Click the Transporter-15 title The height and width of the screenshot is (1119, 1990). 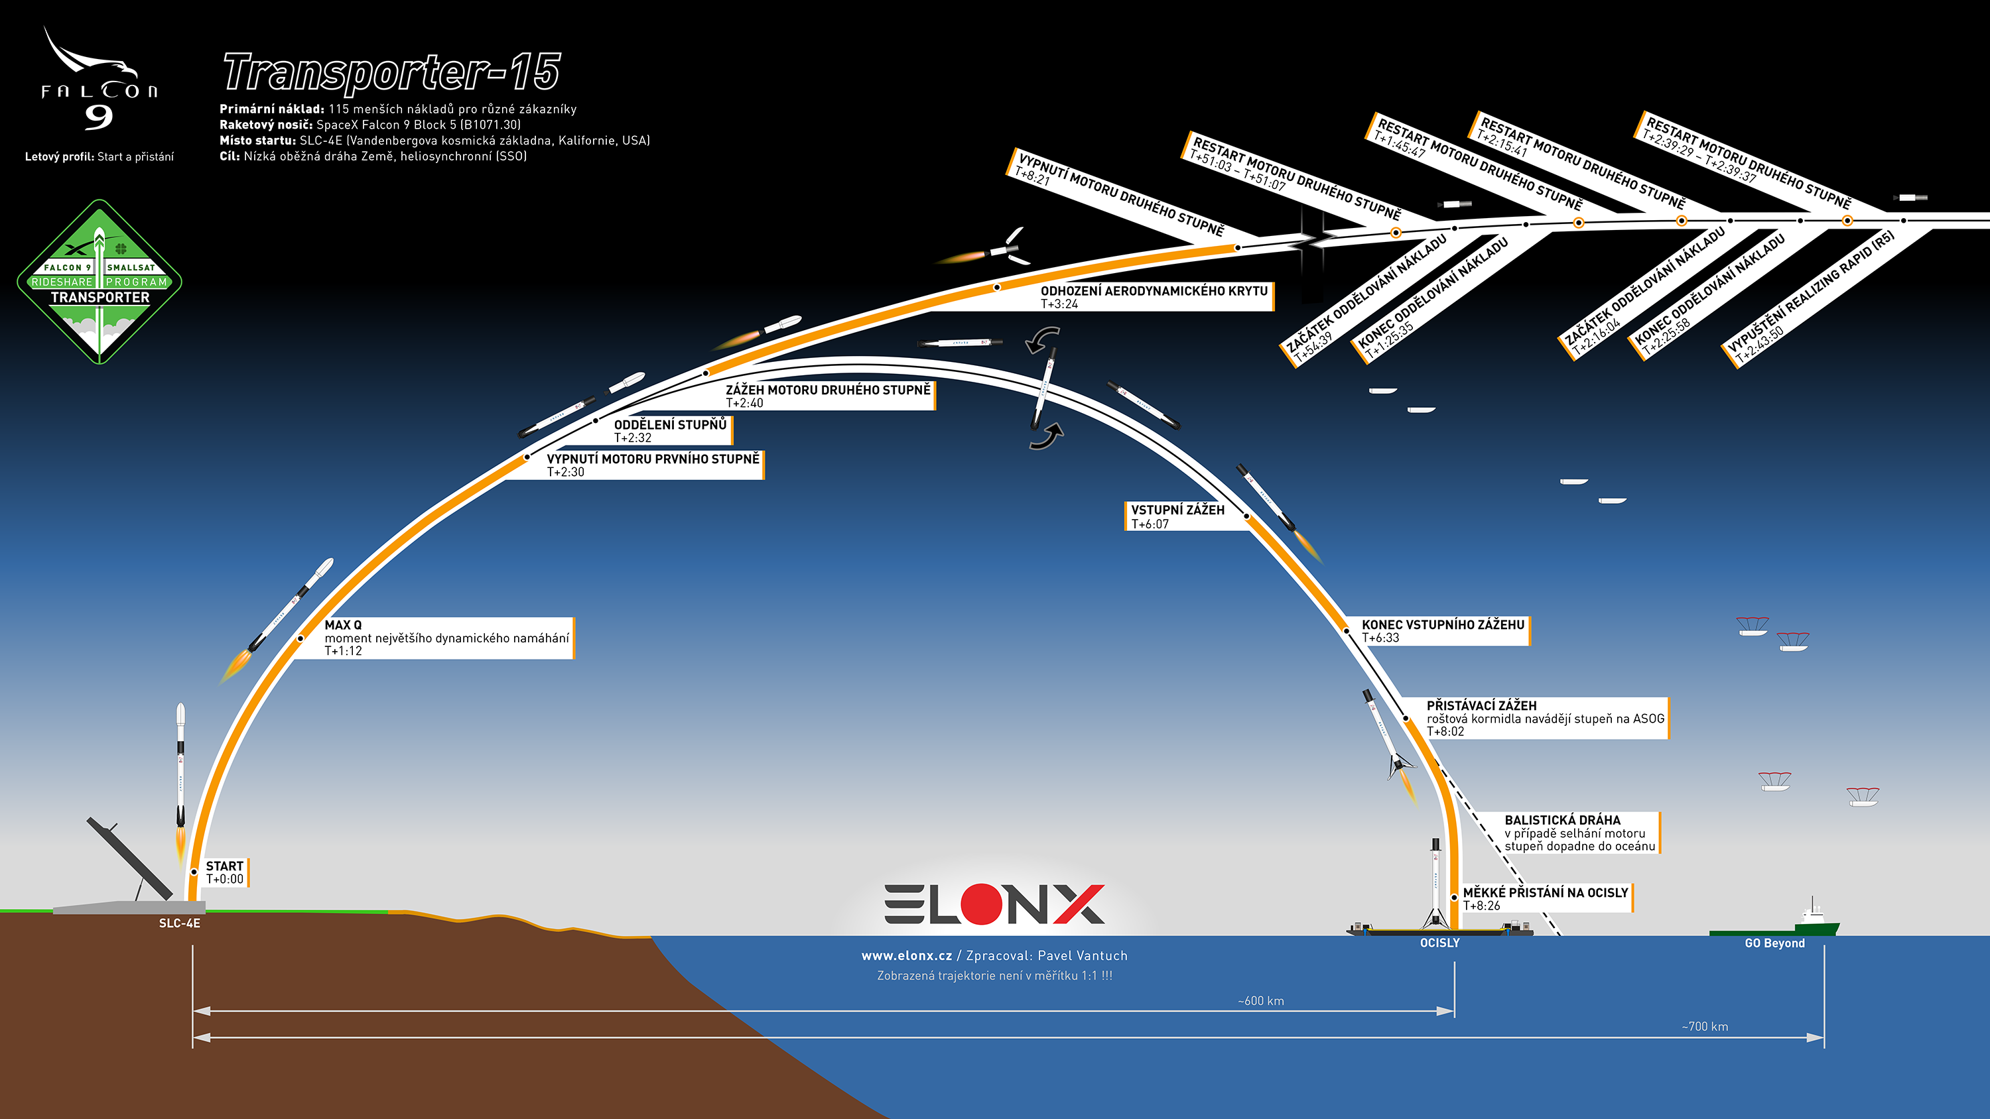[391, 74]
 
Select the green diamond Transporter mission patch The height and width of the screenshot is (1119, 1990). [99, 282]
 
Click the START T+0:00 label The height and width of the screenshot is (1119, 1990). [225, 872]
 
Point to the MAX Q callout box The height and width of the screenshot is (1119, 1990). [446, 638]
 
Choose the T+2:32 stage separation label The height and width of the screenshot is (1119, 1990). [670, 431]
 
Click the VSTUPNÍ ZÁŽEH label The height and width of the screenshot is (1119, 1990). [1177, 516]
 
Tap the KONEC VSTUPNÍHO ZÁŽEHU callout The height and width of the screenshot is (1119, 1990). [1442, 631]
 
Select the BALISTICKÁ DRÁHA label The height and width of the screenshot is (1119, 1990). [1579, 833]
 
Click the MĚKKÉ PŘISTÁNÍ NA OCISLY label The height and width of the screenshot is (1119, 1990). [1544, 899]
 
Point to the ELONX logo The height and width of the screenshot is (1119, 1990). [994, 904]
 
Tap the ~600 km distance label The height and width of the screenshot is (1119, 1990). [1261, 1001]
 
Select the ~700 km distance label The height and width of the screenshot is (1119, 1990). [1705, 1026]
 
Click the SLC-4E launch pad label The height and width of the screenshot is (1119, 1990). [179, 923]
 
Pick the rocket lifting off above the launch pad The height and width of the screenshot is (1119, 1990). [181, 772]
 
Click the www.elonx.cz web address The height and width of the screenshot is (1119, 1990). [906, 956]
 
